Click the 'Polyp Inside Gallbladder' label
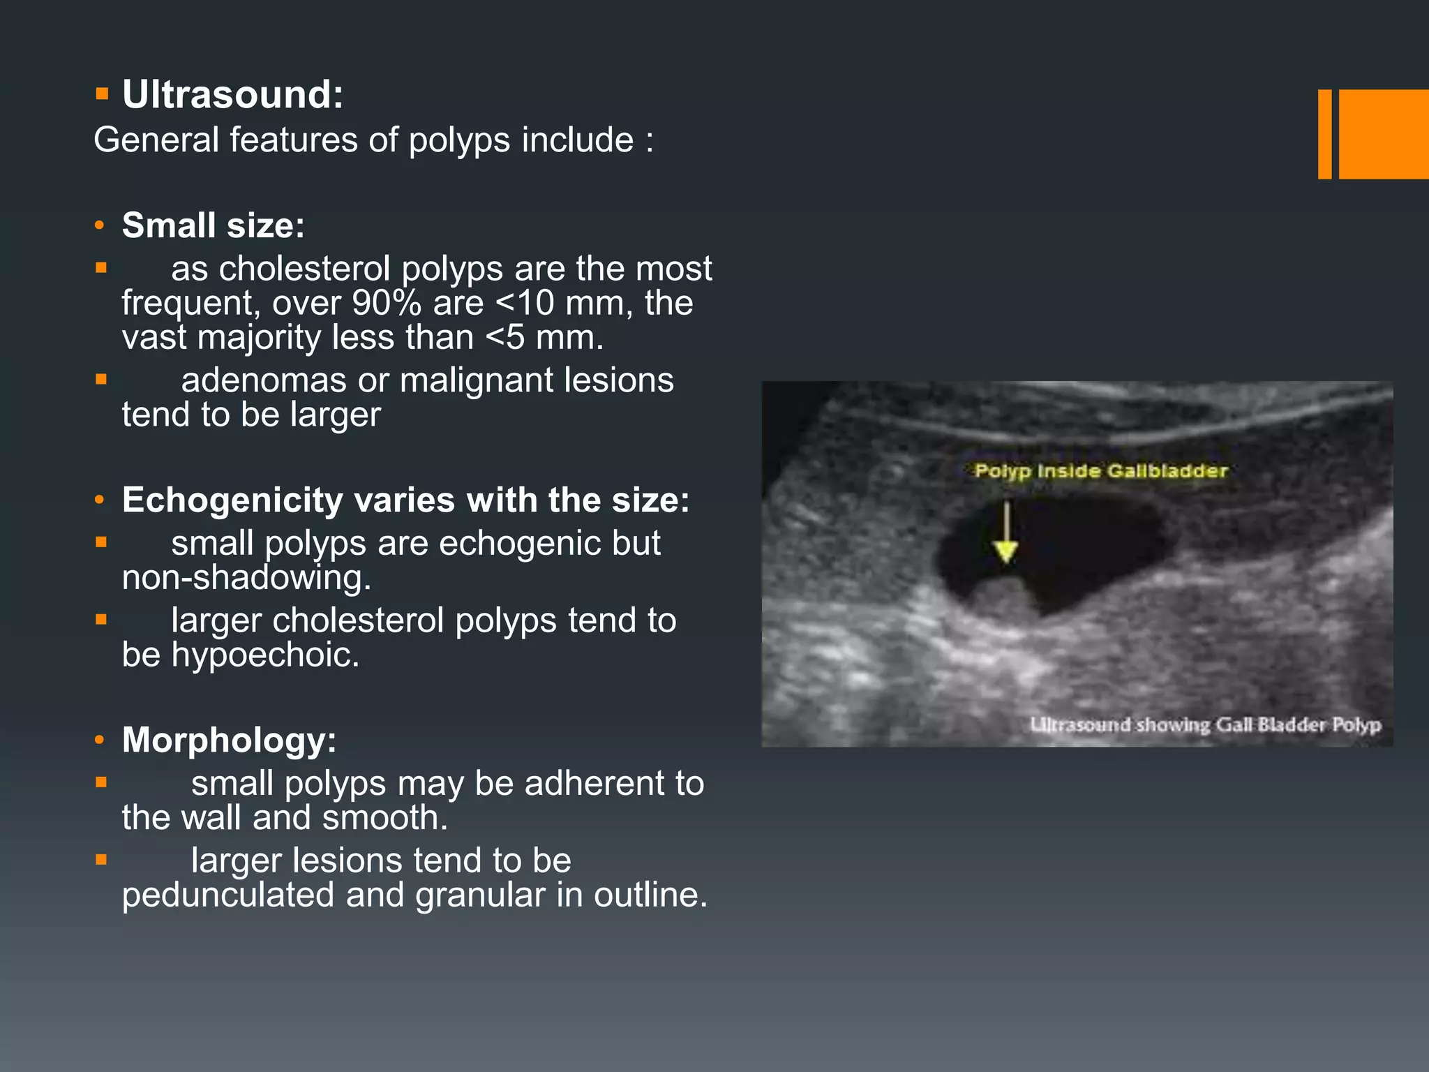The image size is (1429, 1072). click(1100, 471)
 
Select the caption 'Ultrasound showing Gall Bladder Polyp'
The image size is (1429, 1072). click(1205, 725)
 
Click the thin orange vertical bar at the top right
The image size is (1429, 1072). click(1324, 134)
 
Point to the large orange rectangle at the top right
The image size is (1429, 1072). click(1384, 134)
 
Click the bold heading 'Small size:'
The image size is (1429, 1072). click(214, 225)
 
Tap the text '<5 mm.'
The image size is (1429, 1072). click(544, 338)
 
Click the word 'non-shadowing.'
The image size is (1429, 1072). click(246, 578)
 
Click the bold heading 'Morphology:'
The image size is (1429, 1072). click(229, 740)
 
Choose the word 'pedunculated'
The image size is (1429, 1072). click(227, 895)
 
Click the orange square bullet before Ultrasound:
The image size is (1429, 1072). click(102, 94)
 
